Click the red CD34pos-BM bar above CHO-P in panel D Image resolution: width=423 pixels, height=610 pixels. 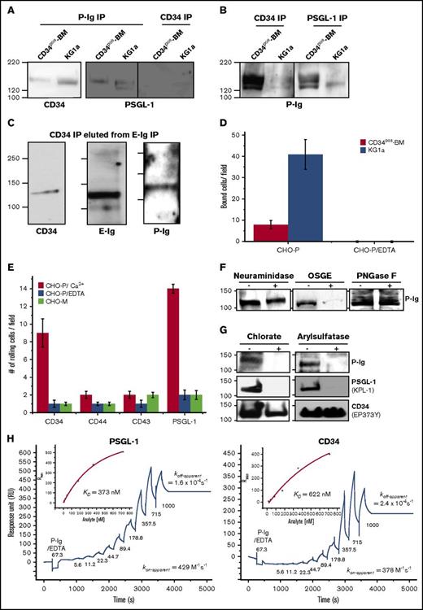(x=281, y=233)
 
